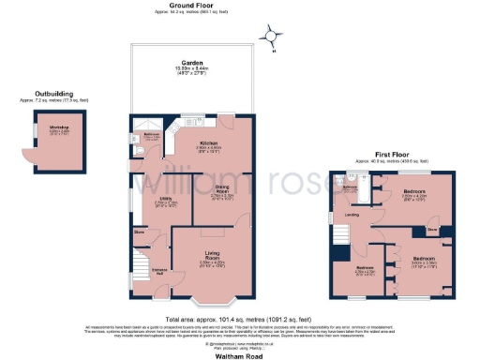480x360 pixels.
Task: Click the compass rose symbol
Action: pos(272,37)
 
